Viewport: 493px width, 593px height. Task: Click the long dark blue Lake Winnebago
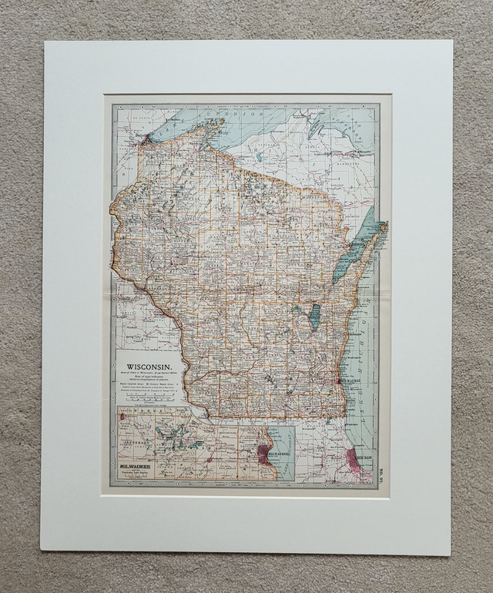[314, 316]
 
